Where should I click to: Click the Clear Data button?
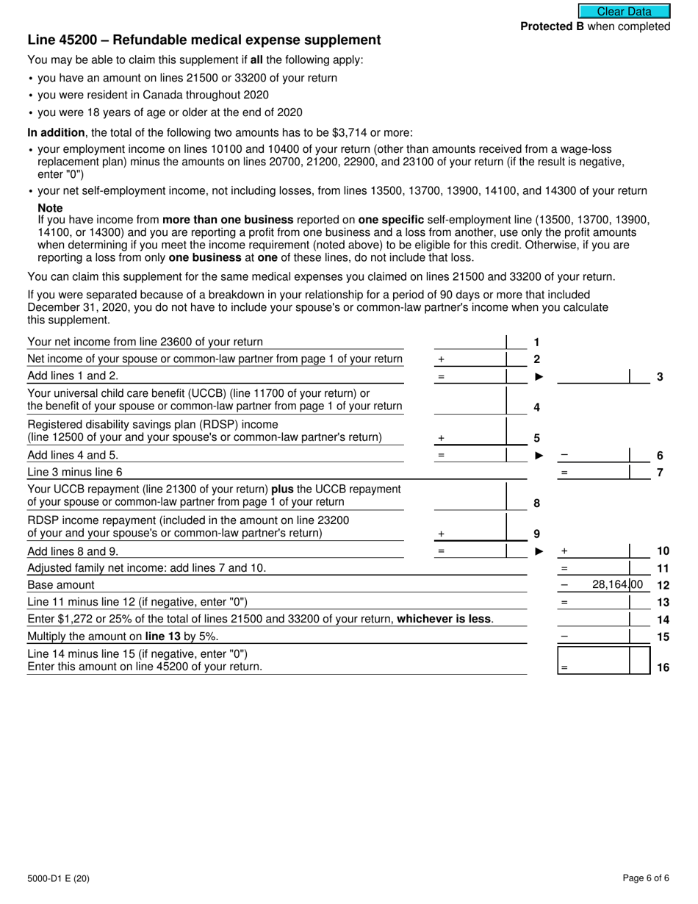pyautogui.click(x=624, y=11)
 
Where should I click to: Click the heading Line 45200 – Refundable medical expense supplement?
pyautogui.click(x=204, y=40)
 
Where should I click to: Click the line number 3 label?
pyautogui.click(x=660, y=376)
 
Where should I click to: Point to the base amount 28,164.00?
pyautogui.click(x=616, y=585)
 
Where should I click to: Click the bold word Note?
pyautogui.click(x=50, y=208)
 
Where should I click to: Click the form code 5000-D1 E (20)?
pyautogui.click(x=59, y=878)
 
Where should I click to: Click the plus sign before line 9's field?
pyautogui.click(x=441, y=534)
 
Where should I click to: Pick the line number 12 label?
pyautogui.click(x=662, y=585)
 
